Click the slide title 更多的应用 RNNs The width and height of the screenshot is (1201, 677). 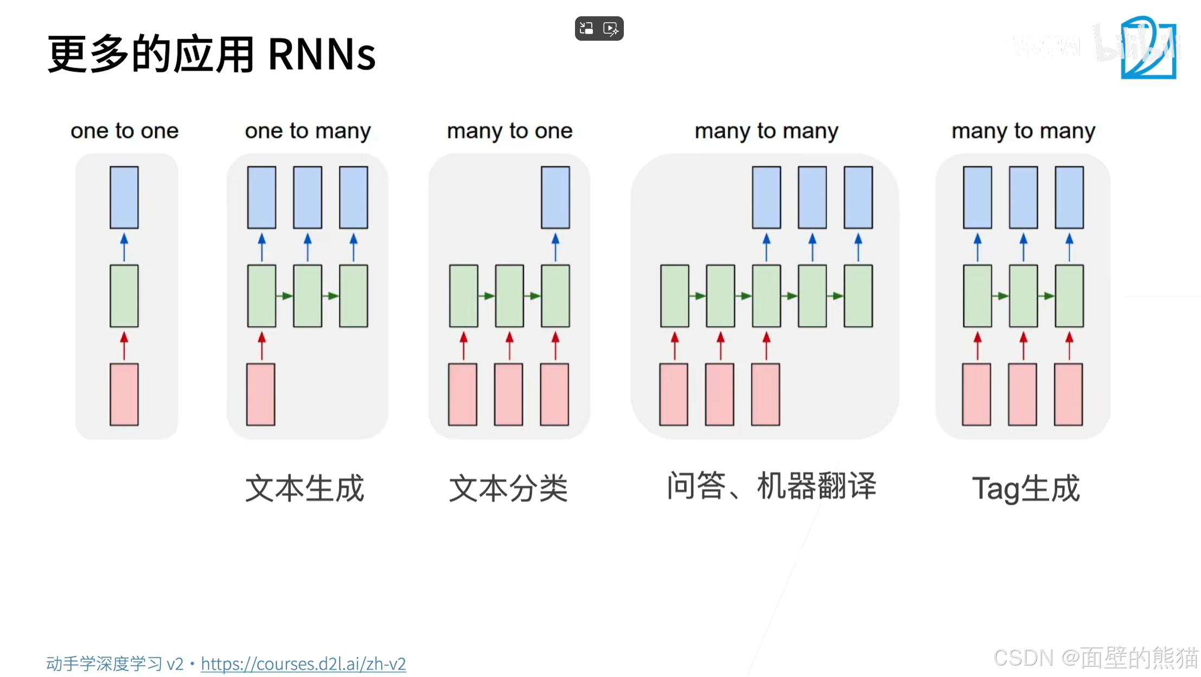click(x=212, y=54)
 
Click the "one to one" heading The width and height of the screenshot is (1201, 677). click(x=124, y=131)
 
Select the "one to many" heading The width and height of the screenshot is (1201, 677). click(x=308, y=131)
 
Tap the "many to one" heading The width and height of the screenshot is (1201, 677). click(x=509, y=131)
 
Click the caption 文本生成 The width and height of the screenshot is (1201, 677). click(x=304, y=488)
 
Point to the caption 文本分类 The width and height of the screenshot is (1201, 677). click(x=508, y=488)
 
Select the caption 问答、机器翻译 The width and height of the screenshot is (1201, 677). click(x=771, y=485)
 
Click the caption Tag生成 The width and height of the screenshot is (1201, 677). click(x=1025, y=488)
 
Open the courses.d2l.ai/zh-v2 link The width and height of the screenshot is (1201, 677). click(x=303, y=663)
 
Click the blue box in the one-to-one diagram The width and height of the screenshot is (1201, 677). click(x=124, y=198)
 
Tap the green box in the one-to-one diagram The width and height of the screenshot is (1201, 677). click(x=124, y=296)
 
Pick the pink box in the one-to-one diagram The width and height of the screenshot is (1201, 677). click(x=124, y=394)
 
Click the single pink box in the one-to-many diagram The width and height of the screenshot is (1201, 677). click(x=261, y=394)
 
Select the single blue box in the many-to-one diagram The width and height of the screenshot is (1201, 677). click(x=555, y=198)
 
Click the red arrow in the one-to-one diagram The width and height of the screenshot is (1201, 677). click(x=124, y=345)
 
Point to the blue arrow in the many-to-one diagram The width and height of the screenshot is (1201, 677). click(x=555, y=246)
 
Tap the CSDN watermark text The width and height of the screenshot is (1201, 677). click(x=1095, y=657)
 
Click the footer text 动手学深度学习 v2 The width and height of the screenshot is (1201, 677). click(x=115, y=663)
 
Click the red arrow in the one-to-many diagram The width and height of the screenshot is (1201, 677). click(x=262, y=345)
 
